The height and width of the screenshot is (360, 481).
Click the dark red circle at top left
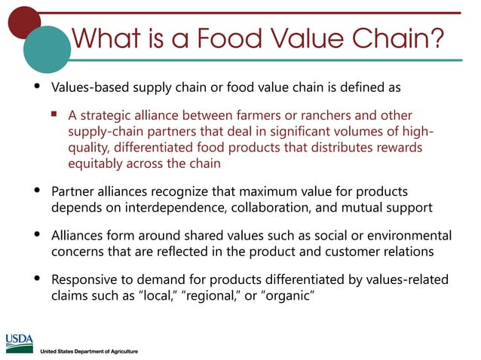pyautogui.click(x=23, y=21)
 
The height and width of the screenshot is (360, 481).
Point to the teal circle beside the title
pyautogui.click(x=47, y=48)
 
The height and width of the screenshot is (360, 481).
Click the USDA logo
pyautogui.click(x=20, y=343)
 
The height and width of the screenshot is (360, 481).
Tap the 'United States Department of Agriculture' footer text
pyautogui.click(x=89, y=352)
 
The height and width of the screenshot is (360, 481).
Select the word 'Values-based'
pyautogui.click(x=87, y=87)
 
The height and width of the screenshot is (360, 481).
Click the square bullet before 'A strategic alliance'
pyautogui.click(x=54, y=115)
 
